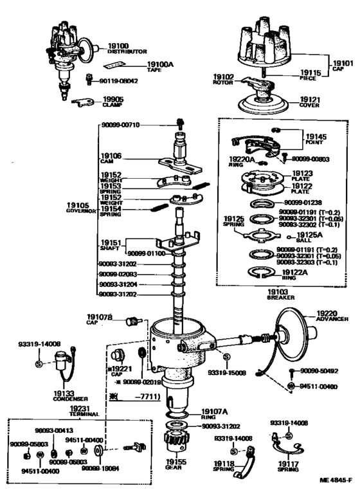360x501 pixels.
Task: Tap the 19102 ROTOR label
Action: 224,80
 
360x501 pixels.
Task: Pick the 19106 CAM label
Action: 110,158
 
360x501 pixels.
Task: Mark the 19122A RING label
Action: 297,274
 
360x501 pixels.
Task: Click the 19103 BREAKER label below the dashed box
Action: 281,294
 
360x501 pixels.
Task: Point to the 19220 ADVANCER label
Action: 332,315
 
